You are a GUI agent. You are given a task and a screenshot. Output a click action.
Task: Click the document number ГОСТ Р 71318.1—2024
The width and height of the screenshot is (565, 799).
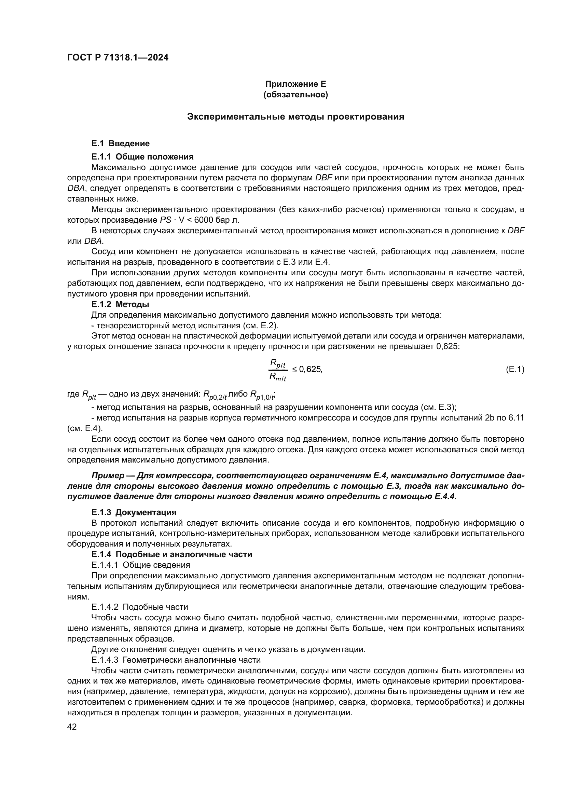point(118,58)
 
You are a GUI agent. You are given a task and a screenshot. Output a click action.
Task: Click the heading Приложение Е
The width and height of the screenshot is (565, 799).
point(295,84)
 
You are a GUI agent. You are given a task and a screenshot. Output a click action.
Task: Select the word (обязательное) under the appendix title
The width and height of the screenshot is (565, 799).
point(295,95)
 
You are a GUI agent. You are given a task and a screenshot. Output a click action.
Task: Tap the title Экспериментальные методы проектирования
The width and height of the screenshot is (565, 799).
point(295,116)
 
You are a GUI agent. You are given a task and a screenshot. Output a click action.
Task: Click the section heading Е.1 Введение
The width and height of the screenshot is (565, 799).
point(120,143)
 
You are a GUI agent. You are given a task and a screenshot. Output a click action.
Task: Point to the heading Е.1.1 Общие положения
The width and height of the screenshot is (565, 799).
point(142,156)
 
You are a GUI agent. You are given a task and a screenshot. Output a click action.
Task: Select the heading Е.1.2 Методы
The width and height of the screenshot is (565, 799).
point(120,304)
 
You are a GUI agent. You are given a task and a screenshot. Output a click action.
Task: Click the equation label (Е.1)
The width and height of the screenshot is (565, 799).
point(514,370)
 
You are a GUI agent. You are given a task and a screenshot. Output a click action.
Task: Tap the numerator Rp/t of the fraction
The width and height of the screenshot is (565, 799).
point(278,364)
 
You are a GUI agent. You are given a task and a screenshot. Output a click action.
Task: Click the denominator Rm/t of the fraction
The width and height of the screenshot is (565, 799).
point(278,377)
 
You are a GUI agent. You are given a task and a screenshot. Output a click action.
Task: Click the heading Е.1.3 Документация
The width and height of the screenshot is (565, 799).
point(134,512)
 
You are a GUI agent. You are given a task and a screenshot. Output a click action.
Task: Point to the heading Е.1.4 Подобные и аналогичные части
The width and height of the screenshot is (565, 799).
point(171,554)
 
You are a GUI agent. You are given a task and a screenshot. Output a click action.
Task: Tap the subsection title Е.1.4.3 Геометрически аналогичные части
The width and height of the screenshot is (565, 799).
point(176,660)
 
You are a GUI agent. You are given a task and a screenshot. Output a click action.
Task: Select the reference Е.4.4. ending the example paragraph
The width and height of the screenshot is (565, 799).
point(445,497)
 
